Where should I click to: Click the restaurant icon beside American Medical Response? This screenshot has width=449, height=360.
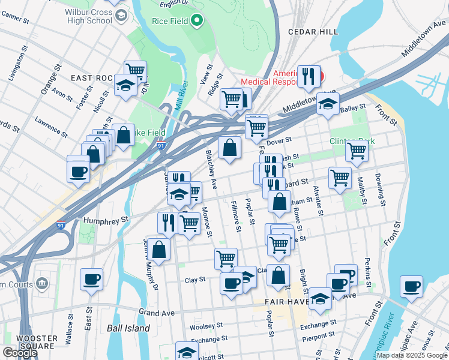309,76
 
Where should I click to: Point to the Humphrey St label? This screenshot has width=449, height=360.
106,220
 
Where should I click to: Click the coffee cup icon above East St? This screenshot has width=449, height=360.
91,280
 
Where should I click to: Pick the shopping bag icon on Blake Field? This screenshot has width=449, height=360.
124,136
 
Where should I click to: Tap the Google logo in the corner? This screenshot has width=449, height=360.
19,353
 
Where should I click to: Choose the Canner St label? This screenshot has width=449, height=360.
16,19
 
